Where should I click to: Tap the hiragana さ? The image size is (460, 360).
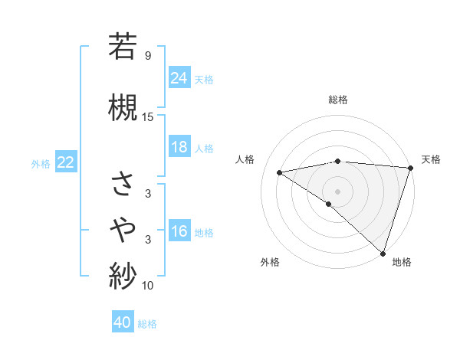[x=123, y=183]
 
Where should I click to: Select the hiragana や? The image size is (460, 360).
[x=123, y=228]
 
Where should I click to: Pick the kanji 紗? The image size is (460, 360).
[x=123, y=275]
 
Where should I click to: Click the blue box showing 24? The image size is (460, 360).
[x=179, y=77]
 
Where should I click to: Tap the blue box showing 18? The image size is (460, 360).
[x=179, y=147]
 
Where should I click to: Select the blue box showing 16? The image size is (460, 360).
[x=179, y=231]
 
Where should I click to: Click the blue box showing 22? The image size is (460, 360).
[x=66, y=162]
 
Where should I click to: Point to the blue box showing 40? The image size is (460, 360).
[x=123, y=322]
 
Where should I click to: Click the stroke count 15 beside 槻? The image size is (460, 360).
[x=148, y=116]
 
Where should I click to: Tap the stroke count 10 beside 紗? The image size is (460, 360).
[x=148, y=286]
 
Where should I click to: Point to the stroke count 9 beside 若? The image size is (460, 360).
[x=147, y=56]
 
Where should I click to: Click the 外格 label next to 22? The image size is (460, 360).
[x=41, y=163]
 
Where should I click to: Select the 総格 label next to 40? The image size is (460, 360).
[x=148, y=323]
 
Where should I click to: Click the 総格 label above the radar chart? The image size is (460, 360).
[x=337, y=100]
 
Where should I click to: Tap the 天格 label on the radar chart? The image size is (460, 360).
[x=431, y=159]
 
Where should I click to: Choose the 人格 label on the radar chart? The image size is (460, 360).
[x=245, y=159]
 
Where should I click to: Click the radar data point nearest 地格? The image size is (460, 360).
[x=383, y=253]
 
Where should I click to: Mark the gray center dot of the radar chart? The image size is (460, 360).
[x=337, y=190]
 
